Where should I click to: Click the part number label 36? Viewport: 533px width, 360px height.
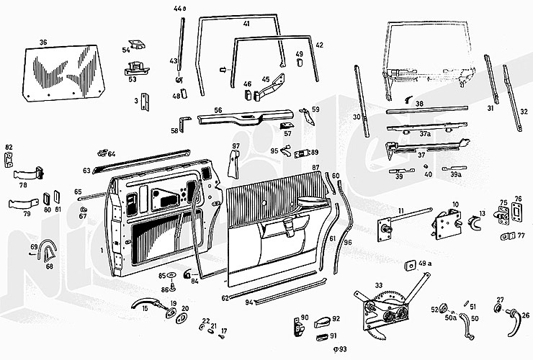click(x=42, y=42)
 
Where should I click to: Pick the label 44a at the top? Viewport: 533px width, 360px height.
click(x=179, y=9)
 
